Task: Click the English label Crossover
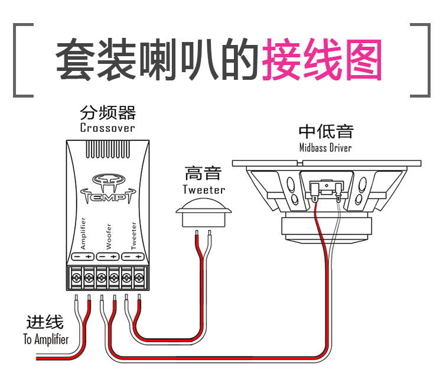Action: [108, 128]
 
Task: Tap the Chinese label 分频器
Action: [108, 112]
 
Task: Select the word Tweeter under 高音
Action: [204, 189]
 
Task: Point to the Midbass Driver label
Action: [325, 148]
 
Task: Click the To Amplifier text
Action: [45, 339]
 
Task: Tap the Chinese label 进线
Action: [45, 322]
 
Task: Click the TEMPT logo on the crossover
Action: [108, 189]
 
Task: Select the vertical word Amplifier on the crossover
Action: [83, 234]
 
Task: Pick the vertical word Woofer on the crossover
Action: [109, 237]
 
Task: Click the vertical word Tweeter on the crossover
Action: [133, 235]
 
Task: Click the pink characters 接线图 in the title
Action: [322, 59]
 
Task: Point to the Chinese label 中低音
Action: [326, 131]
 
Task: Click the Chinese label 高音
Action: [203, 173]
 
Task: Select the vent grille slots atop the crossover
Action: [108, 149]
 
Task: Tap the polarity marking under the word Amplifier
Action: [83, 257]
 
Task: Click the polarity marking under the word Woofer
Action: [108, 257]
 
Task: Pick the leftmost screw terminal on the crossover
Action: [76, 278]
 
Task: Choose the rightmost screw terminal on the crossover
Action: [139, 278]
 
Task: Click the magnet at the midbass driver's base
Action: [326, 229]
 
